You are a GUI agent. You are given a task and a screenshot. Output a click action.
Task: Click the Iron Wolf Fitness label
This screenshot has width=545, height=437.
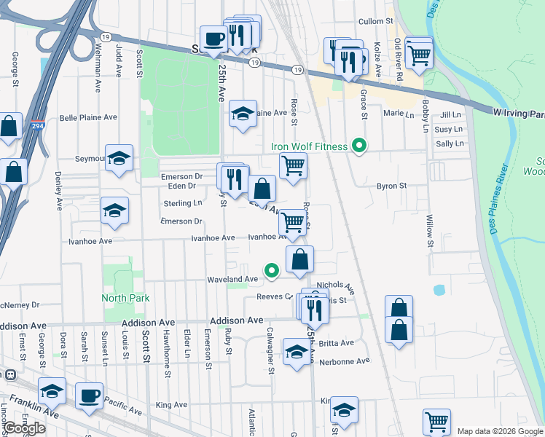pyautogui.click(x=309, y=146)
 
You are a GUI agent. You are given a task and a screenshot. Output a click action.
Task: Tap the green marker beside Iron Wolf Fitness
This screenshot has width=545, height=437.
pyautogui.click(x=358, y=146)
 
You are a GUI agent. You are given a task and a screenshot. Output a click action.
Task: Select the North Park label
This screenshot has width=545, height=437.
pyautogui.click(x=125, y=298)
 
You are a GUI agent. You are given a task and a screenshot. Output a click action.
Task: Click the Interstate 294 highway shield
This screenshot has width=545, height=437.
pyautogui.click(x=38, y=125)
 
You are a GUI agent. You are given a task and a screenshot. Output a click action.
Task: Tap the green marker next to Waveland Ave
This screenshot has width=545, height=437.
pyautogui.click(x=272, y=271)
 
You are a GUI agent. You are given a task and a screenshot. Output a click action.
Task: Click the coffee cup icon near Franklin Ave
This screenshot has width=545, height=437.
pyautogui.click(x=90, y=395)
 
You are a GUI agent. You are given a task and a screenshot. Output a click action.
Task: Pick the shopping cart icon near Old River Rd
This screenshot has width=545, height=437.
pyautogui.click(x=418, y=52)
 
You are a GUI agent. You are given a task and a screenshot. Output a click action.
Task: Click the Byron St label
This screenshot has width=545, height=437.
pyautogui.click(x=391, y=186)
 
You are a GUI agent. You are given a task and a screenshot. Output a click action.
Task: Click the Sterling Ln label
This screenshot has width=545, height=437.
pyautogui.click(x=183, y=203)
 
